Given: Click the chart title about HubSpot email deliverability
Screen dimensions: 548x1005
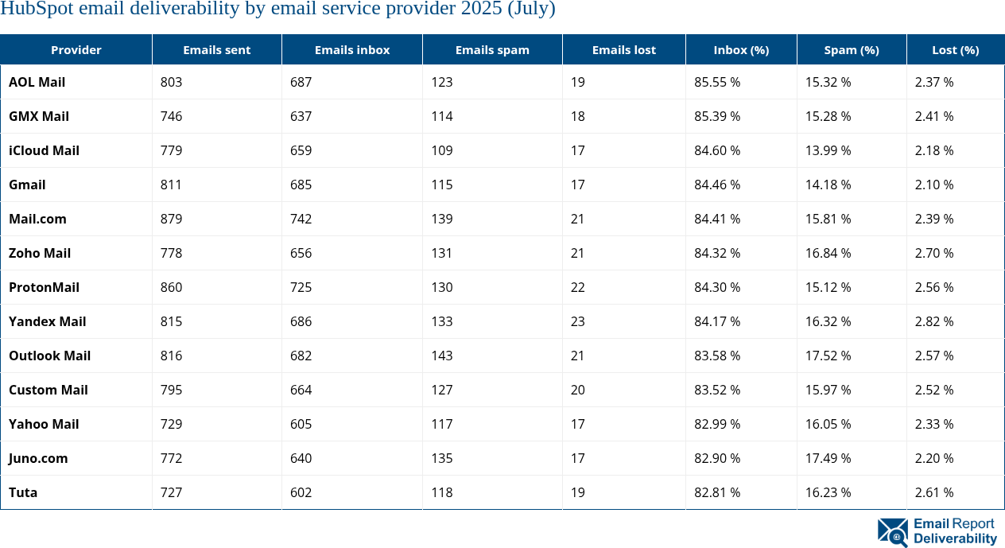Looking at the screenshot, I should pyautogui.click(x=277, y=10).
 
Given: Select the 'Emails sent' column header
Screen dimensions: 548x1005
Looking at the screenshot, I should pyautogui.click(x=216, y=49).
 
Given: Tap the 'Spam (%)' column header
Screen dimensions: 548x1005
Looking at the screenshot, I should pyautogui.click(x=851, y=49).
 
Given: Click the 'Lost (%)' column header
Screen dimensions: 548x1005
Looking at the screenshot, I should pyautogui.click(x=955, y=49).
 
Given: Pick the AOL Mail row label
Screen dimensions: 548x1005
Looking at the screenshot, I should pyautogui.click(x=37, y=82).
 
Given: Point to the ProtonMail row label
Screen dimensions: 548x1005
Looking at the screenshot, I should pyautogui.click(x=44, y=287).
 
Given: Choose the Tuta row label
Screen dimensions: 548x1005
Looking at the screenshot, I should pyautogui.click(x=23, y=492).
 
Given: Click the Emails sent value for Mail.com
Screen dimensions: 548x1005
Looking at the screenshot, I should pyautogui.click(x=171, y=219).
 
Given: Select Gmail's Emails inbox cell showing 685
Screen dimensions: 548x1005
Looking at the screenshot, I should pyautogui.click(x=301, y=185).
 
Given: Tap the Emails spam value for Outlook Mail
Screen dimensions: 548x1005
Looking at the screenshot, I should pyautogui.click(x=442, y=356).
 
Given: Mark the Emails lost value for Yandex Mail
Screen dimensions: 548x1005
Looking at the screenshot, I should pyautogui.click(x=578, y=321).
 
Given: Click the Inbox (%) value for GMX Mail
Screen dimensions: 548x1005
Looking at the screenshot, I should pyautogui.click(x=717, y=116).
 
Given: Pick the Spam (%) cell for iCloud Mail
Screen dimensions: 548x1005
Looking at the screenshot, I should pyautogui.click(x=828, y=150).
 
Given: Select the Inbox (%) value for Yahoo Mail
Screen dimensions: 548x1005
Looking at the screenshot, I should pyautogui.click(x=717, y=424).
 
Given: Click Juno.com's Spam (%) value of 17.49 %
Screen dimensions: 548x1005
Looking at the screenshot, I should pyautogui.click(x=828, y=458).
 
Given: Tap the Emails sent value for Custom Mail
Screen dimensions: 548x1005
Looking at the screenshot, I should pyautogui.click(x=171, y=390).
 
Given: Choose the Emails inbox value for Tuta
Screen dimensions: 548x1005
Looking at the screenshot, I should pyautogui.click(x=301, y=492).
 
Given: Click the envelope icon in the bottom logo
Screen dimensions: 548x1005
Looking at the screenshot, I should pyautogui.click(x=892, y=532).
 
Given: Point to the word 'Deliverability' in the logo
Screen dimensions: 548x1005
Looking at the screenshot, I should pyautogui.click(x=955, y=539).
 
